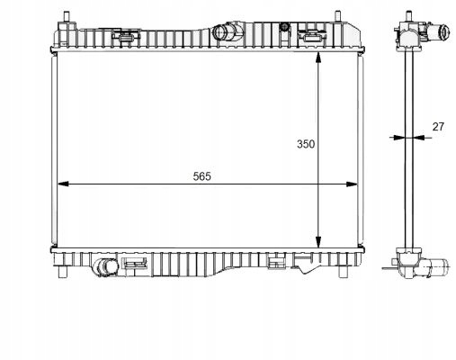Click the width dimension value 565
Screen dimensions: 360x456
point(201,175)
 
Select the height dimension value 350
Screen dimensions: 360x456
point(305,143)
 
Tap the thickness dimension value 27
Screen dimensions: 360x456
point(438,127)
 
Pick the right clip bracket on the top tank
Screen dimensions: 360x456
point(312,37)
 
